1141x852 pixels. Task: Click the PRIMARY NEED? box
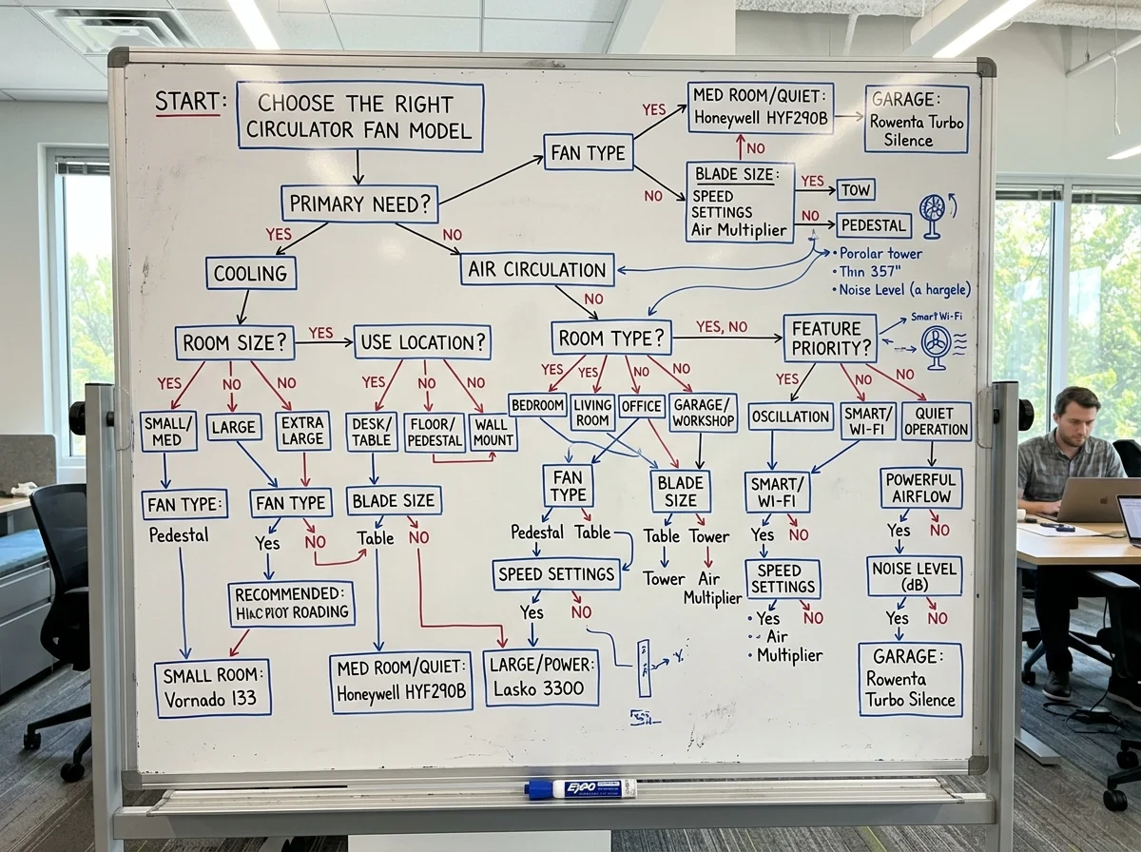point(359,203)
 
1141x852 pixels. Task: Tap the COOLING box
point(251,273)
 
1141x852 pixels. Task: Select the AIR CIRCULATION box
point(537,269)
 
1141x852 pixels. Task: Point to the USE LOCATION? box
point(423,341)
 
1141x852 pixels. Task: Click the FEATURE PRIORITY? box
point(830,338)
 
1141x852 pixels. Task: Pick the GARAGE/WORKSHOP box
point(703,413)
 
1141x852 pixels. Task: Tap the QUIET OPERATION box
point(937,420)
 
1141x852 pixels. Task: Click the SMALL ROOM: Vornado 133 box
point(213,687)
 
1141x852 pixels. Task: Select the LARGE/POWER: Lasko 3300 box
point(541,677)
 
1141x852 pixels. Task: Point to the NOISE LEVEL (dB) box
point(915,575)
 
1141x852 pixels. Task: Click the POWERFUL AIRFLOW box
point(920,488)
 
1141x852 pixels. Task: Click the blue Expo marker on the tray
point(580,788)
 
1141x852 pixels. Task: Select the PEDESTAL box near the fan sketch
point(874,225)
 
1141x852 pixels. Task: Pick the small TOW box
point(855,189)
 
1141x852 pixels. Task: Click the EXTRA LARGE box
point(303,431)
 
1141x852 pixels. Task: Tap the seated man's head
point(1076,411)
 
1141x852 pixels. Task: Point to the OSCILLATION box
point(790,416)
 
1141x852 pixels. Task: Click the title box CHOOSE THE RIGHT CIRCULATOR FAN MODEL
point(360,116)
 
